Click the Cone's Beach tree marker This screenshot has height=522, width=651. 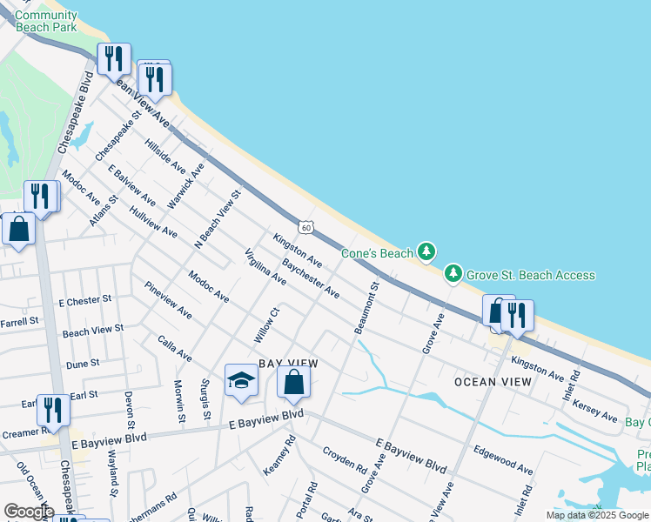tap(426, 252)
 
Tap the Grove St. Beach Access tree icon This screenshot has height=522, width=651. tap(453, 274)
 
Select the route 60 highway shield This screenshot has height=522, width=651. tap(305, 227)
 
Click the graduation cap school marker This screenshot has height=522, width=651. tap(241, 379)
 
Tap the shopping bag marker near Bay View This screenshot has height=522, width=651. tap(294, 382)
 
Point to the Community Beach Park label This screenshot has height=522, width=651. tap(46, 21)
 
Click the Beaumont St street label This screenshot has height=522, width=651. tap(367, 306)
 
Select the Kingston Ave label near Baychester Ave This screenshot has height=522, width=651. tap(298, 250)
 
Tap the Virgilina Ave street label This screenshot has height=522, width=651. tap(265, 267)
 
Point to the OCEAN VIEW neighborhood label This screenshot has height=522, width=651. tap(493, 382)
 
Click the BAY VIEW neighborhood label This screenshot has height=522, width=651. tap(288, 363)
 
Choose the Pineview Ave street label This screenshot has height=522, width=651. tap(168, 299)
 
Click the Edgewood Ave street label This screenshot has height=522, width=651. tap(502, 459)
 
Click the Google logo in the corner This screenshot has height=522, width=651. tap(29, 512)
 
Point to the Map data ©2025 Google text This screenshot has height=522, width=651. tap(597, 515)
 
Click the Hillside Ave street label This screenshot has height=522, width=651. tap(165, 154)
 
